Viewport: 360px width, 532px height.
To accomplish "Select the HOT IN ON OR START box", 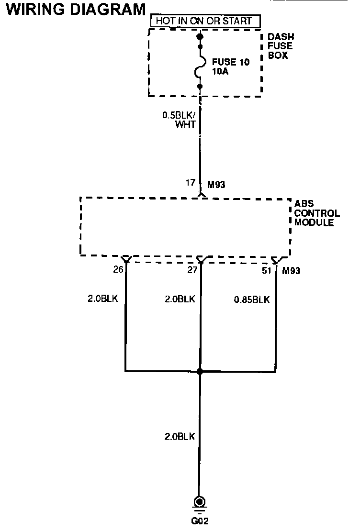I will click(204, 22).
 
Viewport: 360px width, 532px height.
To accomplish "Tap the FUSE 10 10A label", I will click(231, 66).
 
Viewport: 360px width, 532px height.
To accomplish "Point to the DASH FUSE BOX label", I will click(281, 46).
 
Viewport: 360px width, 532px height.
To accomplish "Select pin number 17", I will click(191, 182).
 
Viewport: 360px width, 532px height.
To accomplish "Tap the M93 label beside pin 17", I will click(216, 184).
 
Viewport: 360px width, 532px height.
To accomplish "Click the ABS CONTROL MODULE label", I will click(316, 213).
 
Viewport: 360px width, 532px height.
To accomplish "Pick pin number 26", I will click(118, 270).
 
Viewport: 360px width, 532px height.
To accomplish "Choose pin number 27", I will click(191, 270).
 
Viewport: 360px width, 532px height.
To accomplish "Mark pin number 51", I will click(267, 270).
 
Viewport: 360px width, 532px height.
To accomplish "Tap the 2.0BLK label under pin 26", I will click(102, 299).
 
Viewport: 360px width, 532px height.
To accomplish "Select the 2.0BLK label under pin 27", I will click(180, 299).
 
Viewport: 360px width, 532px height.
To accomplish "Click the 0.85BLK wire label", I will click(252, 300).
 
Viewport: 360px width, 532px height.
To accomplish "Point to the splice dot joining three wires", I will click(200, 371).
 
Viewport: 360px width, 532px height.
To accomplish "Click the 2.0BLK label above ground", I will click(180, 437).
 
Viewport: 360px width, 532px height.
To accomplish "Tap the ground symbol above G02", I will click(200, 503).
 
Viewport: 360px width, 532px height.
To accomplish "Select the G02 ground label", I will click(200, 521).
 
